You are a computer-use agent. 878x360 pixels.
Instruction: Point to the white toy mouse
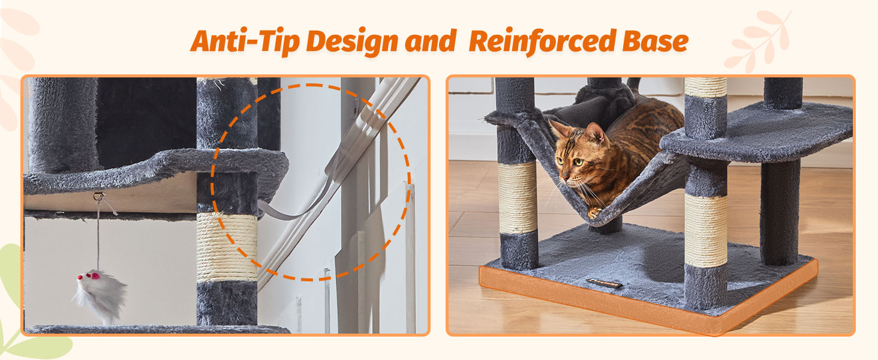[100, 294]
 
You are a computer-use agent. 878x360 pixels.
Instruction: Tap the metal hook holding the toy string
[98, 196]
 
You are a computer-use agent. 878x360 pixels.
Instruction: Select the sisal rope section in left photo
[227, 246]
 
